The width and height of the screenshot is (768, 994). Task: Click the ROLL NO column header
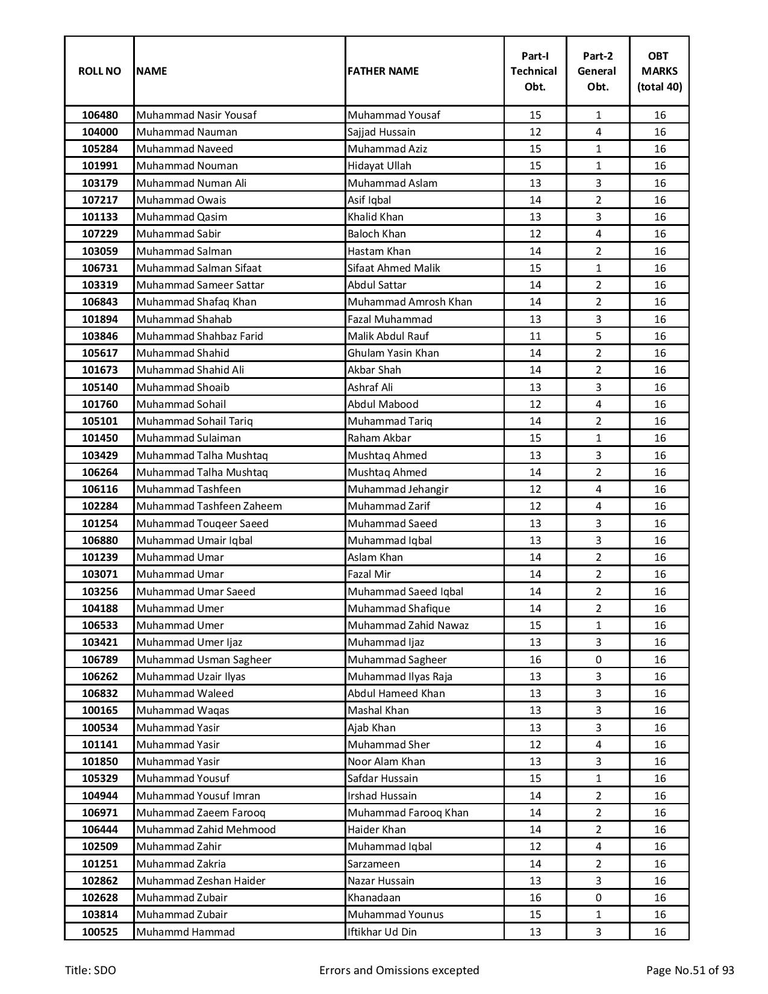click(x=99, y=71)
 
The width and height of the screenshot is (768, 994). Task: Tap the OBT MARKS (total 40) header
click(x=659, y=71)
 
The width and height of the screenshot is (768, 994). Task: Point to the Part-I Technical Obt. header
click(x=534, y=71)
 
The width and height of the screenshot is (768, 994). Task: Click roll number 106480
click(x=99, y=115)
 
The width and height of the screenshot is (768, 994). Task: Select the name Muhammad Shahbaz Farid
click(x=199, y=336)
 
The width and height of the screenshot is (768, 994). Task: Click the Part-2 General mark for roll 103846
click(x=598, y=336)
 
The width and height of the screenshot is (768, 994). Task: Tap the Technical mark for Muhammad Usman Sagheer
click(x=535, y=660)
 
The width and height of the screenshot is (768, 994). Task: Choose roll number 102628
click(x=99, y=898)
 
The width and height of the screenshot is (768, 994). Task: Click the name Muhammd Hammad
click(x=186, y=932)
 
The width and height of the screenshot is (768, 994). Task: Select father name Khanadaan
click(x=373, y=898)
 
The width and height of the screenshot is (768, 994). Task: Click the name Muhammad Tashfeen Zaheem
click(x=209, y=506)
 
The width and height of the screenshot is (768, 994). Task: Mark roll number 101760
click(x=99, y=404)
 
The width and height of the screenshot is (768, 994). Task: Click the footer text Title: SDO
click(x=90, y=971)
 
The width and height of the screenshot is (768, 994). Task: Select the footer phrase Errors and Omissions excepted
click(x=399, y=971)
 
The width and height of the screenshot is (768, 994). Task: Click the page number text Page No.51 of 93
click(x=690, y=971)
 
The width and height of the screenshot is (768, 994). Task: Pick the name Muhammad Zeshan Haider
click(x=201, y=881)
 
